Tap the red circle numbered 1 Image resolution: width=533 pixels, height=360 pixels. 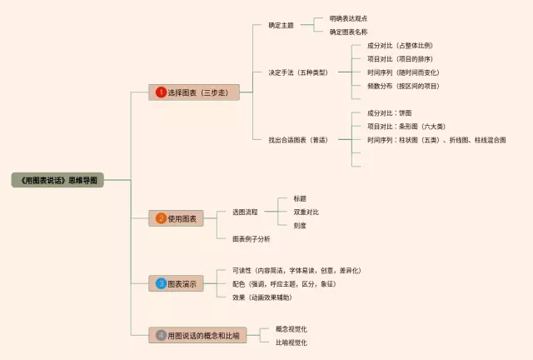click(161, 92)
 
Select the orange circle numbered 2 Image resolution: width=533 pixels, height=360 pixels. click(161, 218)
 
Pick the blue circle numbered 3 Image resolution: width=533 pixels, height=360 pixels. click(161, 284)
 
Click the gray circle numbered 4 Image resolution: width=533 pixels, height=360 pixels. click(161, 335)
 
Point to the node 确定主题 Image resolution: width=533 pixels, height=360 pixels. click(281, 25)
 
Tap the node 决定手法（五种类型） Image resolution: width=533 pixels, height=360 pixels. click(298, 72)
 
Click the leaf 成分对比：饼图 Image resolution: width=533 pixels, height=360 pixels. click(389, 112)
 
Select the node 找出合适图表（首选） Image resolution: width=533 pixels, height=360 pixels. click(298, 140)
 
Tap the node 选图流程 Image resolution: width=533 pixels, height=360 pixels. click(245, 212)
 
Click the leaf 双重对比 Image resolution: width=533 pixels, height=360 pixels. click(306, 212)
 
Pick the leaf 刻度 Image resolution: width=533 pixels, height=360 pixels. click(300, 226)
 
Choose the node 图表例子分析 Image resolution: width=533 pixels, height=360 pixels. click(251, 239)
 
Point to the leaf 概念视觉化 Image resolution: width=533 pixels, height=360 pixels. click(291, 328)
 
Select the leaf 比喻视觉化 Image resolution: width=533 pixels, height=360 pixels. click(291, 342)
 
